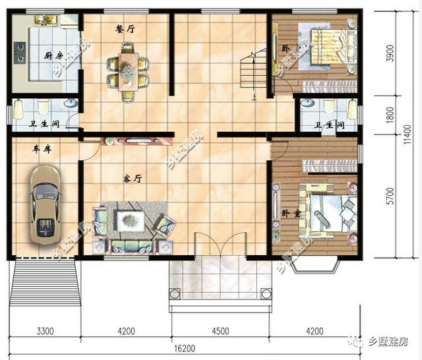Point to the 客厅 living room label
[x=133, y=178]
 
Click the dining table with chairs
[x=128, y=69]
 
